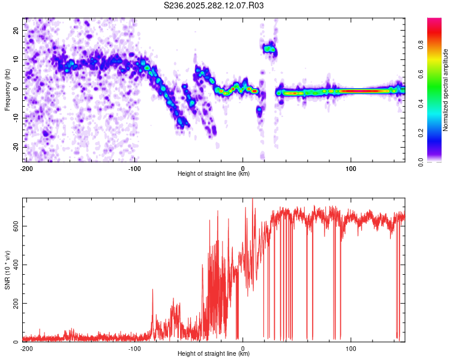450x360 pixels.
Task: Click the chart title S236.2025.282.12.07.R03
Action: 214,5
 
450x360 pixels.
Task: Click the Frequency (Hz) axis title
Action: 7,90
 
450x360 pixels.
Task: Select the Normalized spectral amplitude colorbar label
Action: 446,90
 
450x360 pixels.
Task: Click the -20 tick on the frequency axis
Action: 15,147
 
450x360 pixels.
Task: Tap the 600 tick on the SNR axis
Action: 14,226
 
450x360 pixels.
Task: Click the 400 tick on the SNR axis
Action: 14,265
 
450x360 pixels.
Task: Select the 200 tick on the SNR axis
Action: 14,304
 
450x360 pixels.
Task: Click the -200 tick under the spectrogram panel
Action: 26,168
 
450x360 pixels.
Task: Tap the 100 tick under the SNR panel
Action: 351,348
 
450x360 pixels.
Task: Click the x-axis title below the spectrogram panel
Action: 214,174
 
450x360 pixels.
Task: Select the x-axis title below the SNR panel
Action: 214,354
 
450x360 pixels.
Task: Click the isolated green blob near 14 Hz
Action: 269,49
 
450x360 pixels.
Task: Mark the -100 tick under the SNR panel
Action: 134,348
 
